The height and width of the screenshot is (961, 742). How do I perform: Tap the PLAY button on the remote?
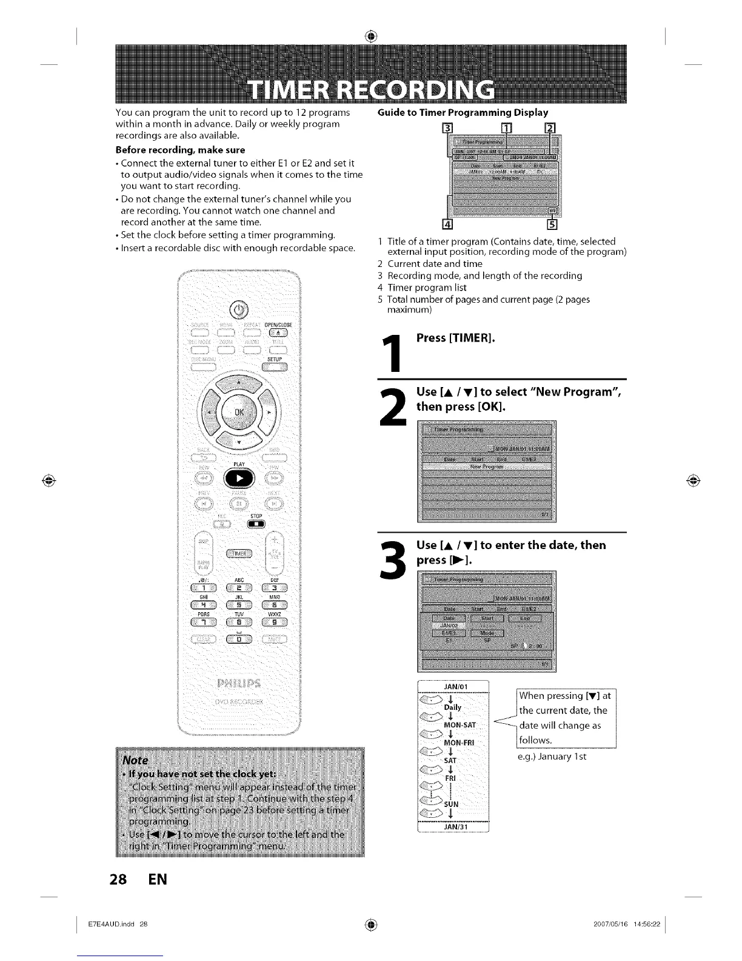point(239,477)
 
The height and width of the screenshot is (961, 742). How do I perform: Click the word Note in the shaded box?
point(135,760)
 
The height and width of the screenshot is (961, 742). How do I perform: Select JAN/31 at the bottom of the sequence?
point(454,826)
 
